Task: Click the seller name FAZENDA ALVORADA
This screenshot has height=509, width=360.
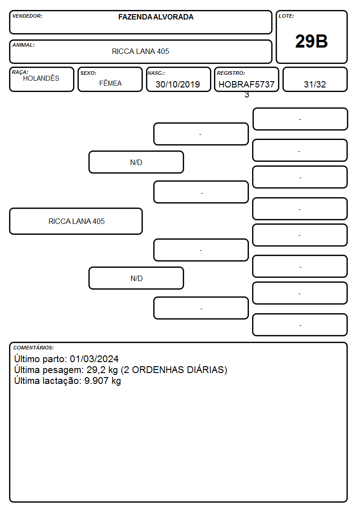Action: click(156, 17)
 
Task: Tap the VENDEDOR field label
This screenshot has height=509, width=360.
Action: click(27, 16)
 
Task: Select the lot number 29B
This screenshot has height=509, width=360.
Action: click(311, 41)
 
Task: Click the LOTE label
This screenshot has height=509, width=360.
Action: click(286, 16)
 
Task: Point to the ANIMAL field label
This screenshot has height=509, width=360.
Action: click(24, 45)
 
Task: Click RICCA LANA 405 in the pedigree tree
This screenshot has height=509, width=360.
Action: click(77, 221)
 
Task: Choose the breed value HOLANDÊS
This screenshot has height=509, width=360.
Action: click(41, 78)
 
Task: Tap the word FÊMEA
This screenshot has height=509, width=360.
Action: click(110, 83)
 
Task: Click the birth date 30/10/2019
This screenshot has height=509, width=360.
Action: click(178, 84)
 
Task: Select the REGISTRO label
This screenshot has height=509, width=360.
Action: click(231, 73)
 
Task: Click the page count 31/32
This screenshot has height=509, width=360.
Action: click(315, 84)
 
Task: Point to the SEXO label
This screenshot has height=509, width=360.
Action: click(88, 73)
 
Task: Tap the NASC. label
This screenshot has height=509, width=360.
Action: click(156, 73)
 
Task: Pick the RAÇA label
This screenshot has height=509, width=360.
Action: click(20, 72)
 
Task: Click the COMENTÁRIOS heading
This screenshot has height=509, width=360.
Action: click(34, 348)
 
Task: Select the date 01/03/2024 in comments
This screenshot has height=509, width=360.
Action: click(94, 359)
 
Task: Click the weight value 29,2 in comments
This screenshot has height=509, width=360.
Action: click(96, 370)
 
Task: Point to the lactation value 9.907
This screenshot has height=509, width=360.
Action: click(97, 381)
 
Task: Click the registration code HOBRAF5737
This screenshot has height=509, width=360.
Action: click(246, 84)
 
